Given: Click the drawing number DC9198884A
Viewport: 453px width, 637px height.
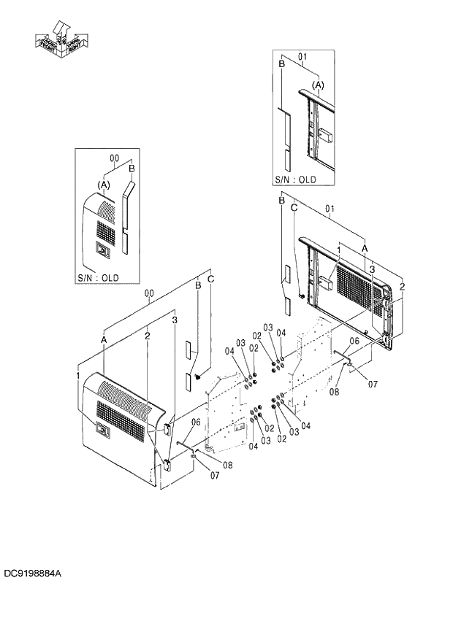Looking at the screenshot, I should tap(32, 575).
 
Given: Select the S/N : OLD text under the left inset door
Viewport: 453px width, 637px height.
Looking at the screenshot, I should tap(99, 278).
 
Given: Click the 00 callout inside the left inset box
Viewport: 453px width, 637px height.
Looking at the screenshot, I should tap(114, 158).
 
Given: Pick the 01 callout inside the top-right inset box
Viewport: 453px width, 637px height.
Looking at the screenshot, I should tap(302, 55).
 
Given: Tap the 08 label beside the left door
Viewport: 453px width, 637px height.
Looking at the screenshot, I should tap(227, 466).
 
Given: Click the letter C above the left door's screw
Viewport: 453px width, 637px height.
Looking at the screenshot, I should tap(210, 279).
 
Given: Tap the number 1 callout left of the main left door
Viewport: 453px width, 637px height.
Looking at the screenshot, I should tap(77, 374).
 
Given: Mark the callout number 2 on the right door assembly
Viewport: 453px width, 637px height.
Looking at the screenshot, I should tap(402, 286).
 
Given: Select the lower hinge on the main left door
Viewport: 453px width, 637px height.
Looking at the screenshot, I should tap(167, 464).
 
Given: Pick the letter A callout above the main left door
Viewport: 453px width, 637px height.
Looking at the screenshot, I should tap(104, 341).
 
